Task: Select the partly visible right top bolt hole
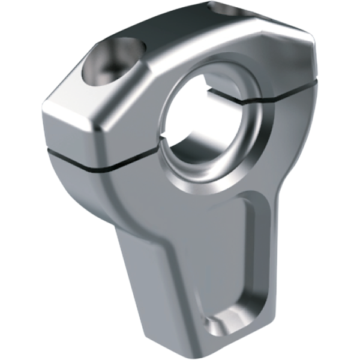(x=227, y=8)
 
